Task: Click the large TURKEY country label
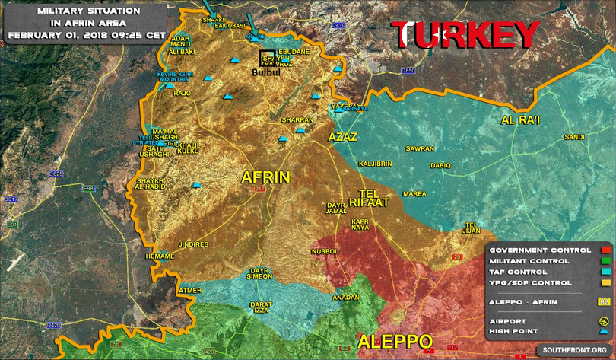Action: pos(465,36)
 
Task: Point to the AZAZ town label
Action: pos(342,136)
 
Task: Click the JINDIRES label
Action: pos(192,244)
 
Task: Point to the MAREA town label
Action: pos(414,194)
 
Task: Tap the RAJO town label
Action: pos(183,94)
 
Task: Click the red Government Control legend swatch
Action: pos(605,250)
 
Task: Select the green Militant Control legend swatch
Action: pos(605,261)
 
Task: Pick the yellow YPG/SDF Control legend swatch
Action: pos(605,282)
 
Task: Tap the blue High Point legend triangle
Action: pos(605,332)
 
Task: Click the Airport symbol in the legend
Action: pos(605,321)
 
